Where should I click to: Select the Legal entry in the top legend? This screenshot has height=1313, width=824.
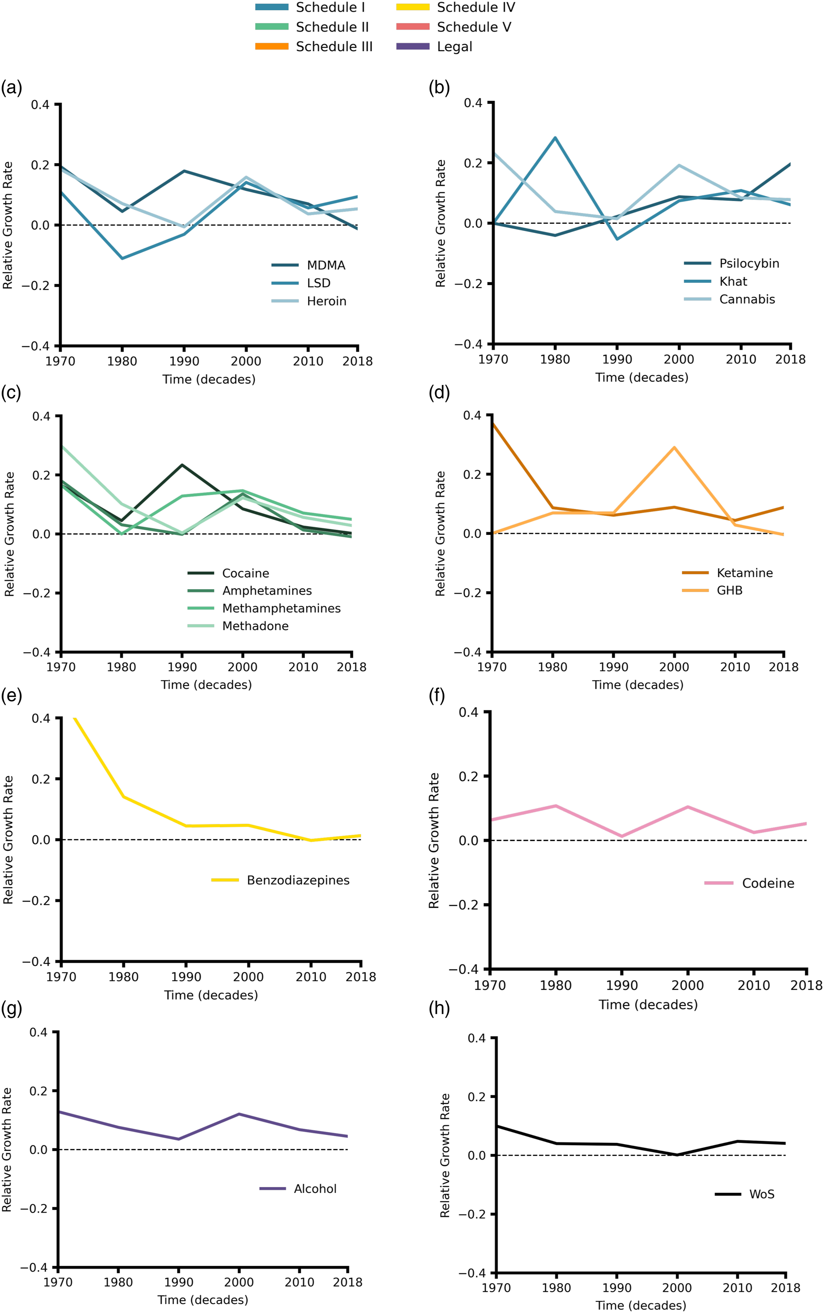click(x=434, y=47)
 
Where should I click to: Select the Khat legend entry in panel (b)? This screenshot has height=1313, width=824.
click(x=715, y=281)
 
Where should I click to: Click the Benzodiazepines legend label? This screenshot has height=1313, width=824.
click(x=298, y=880)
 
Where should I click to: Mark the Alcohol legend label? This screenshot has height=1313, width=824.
click(x=315, y=1189)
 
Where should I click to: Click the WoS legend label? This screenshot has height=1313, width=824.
click(x=762, y=1194)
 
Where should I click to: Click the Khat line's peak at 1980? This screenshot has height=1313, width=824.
click(x=555, y=137)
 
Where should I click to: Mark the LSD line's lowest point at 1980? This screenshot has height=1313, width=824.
click(x=122, y=258)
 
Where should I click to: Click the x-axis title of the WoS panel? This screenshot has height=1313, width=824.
click(x=641, y=1305)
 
